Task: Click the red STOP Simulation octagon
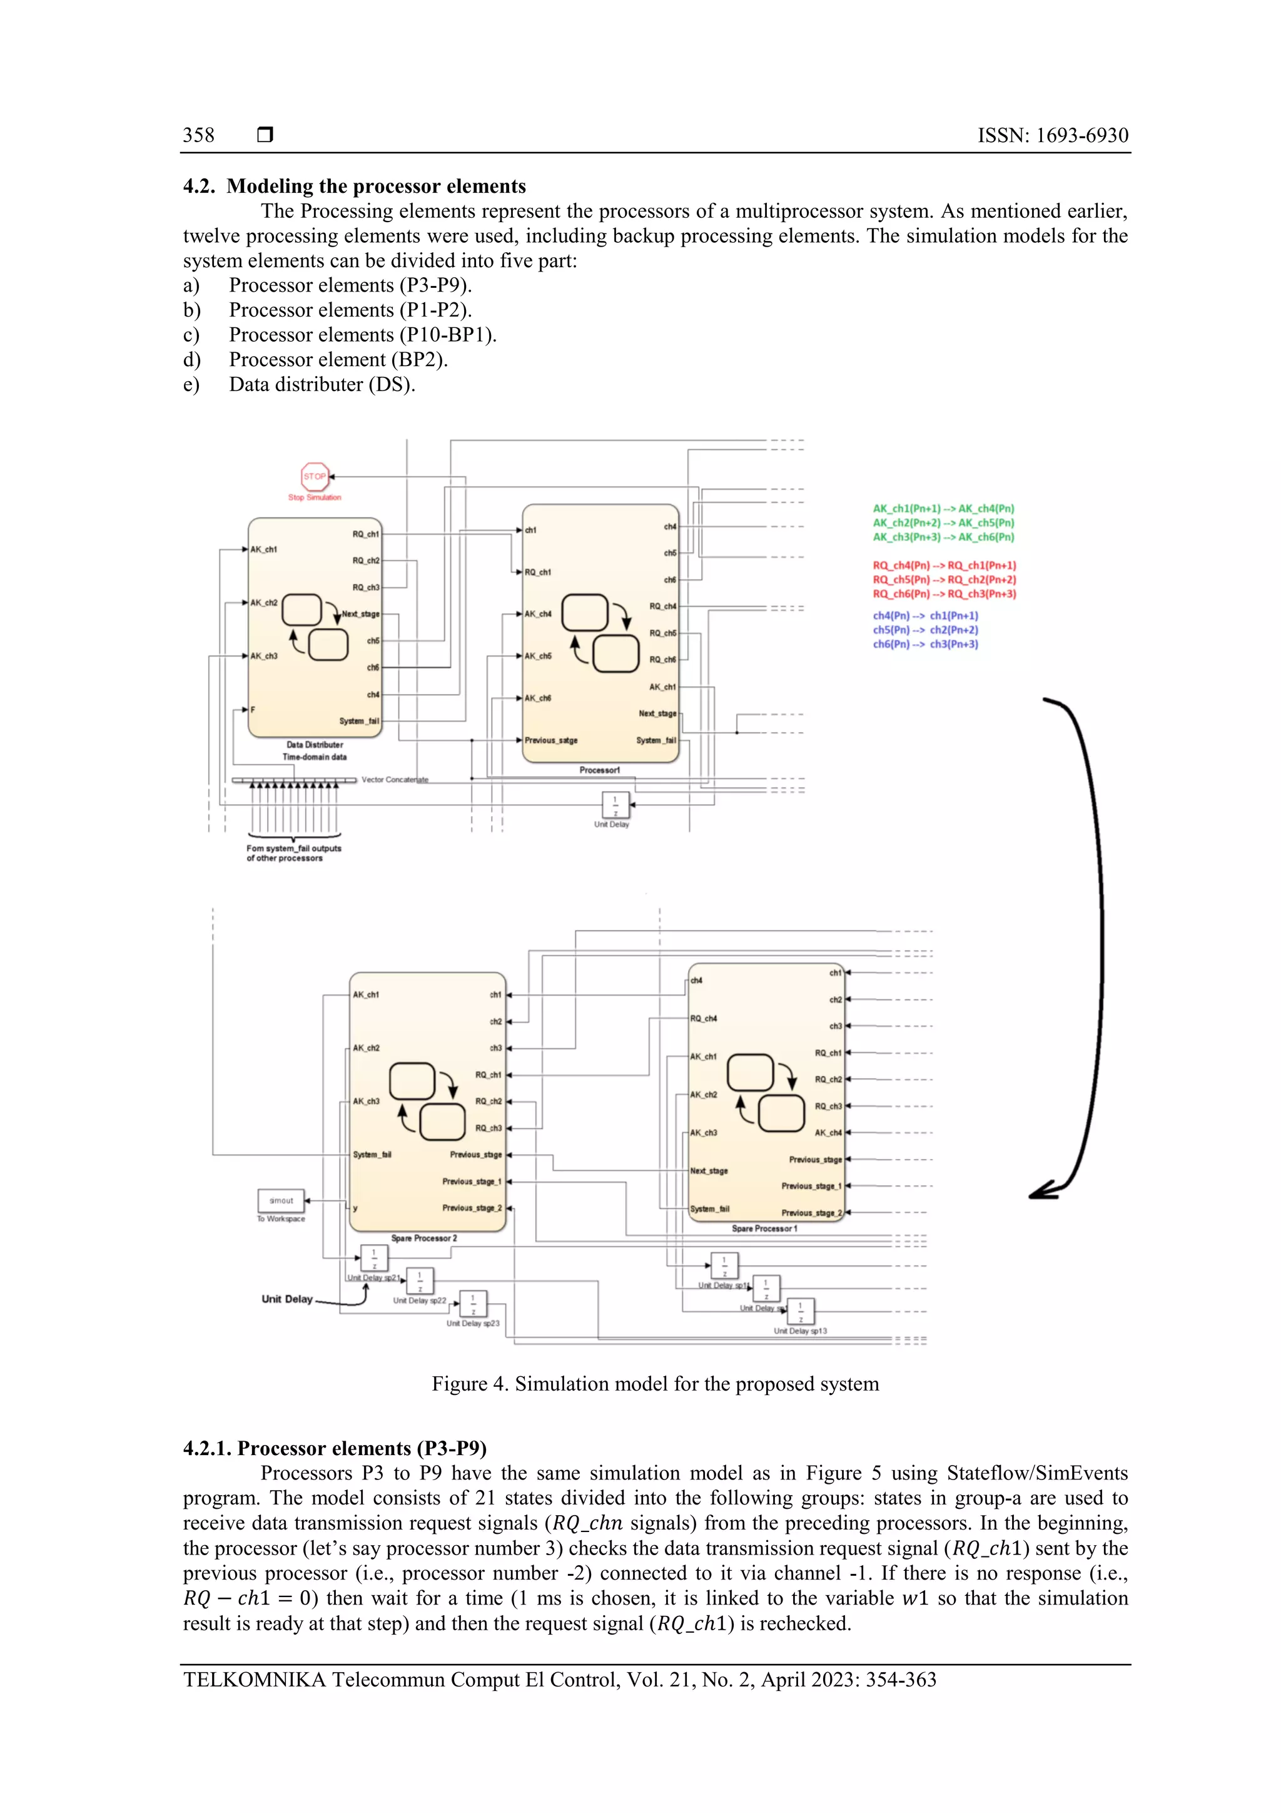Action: click(314, 476)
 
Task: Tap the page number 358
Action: click(198, 136)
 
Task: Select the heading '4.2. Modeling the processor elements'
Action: click(355, 186)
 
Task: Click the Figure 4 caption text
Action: click(655, 1384)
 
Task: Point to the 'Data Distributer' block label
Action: click(314, 745)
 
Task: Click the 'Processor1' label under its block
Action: click(600, 770)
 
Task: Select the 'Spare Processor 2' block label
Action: click(424, 1238)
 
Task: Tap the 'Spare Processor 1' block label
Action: click(764, 1228)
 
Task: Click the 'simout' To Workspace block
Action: click(281, 1201)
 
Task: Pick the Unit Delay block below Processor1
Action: click(615, 805)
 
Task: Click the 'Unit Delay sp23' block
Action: click(473, 1304)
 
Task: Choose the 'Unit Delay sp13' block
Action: click(801, 1312)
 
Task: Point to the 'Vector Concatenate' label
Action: click(395, 779)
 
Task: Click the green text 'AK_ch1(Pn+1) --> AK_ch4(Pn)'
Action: click(943, 509)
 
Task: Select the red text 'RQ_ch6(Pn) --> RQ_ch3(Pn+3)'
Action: click(944, 594)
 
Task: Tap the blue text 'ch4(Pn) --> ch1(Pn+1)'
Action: click(925, 616)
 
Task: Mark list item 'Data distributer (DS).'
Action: click(322, 384)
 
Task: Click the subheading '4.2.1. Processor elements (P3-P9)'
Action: click(335, 1448)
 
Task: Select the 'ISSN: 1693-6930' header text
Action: click(1052, 136)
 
